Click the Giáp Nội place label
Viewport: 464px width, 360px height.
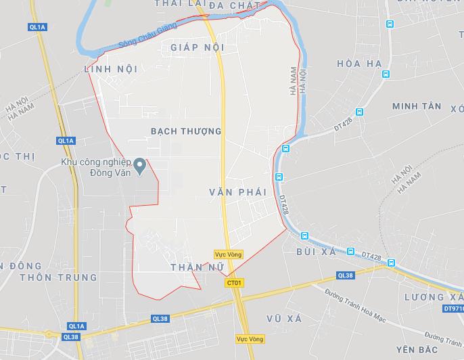197,47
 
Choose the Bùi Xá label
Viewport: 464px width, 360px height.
316,252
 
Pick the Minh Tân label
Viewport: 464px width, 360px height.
416,106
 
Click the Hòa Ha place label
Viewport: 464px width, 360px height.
359,64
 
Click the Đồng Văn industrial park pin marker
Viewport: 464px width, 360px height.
139,164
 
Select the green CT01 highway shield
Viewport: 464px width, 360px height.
234,283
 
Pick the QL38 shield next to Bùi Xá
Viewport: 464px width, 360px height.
346,275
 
